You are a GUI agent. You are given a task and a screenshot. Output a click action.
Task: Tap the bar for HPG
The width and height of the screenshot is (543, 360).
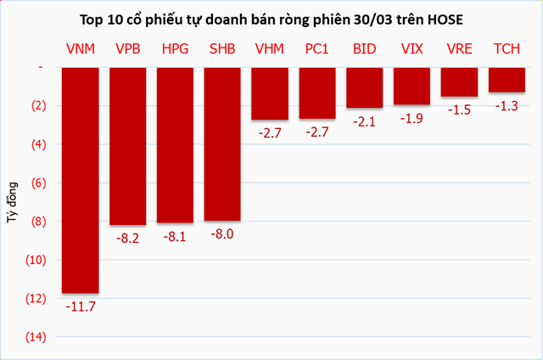tap(176, 145)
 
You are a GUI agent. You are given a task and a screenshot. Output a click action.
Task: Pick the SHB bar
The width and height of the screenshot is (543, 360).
tap(223, 144)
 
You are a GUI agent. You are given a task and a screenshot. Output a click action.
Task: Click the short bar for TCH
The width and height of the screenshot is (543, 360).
tap(507, 80)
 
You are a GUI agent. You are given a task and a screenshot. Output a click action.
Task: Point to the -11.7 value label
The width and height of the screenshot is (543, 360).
tap(81, 306)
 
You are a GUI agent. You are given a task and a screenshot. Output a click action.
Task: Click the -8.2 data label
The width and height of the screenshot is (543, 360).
tap(129, 238)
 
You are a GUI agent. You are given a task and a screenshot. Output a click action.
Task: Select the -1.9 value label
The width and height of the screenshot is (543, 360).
tap(412, 118)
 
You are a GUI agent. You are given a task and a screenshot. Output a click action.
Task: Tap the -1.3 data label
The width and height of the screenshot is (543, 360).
tap(507, 105)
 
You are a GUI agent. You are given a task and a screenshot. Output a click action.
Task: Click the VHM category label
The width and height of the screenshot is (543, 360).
tap(271, 50)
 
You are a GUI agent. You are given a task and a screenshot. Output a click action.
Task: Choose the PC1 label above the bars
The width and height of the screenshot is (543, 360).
tap(318, 50)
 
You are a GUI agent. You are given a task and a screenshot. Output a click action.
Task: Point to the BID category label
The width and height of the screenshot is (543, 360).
tap(365, 50)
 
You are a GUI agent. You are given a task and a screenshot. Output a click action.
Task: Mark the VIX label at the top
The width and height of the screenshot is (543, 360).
tap(412, 50)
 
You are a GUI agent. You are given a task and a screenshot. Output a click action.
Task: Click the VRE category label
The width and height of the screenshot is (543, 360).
tap(459, 50)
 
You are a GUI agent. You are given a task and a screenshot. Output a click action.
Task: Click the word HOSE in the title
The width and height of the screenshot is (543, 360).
tap(444, 18)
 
